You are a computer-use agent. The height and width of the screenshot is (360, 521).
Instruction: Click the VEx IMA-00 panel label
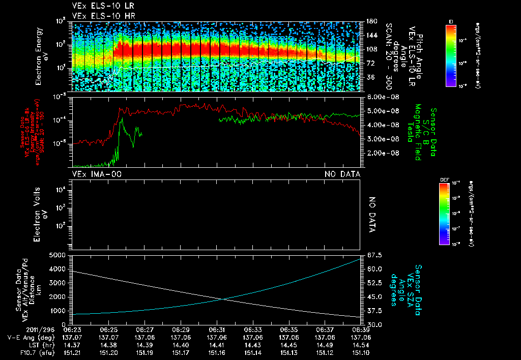97,174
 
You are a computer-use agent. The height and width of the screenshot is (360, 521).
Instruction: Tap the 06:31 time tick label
217,329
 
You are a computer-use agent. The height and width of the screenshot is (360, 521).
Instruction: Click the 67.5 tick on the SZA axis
373,255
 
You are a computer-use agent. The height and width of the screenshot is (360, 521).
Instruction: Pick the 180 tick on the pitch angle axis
371,21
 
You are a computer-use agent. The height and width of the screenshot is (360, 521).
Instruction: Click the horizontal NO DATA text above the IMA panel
342,174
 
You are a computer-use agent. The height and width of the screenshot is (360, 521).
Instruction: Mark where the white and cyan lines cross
223,298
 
